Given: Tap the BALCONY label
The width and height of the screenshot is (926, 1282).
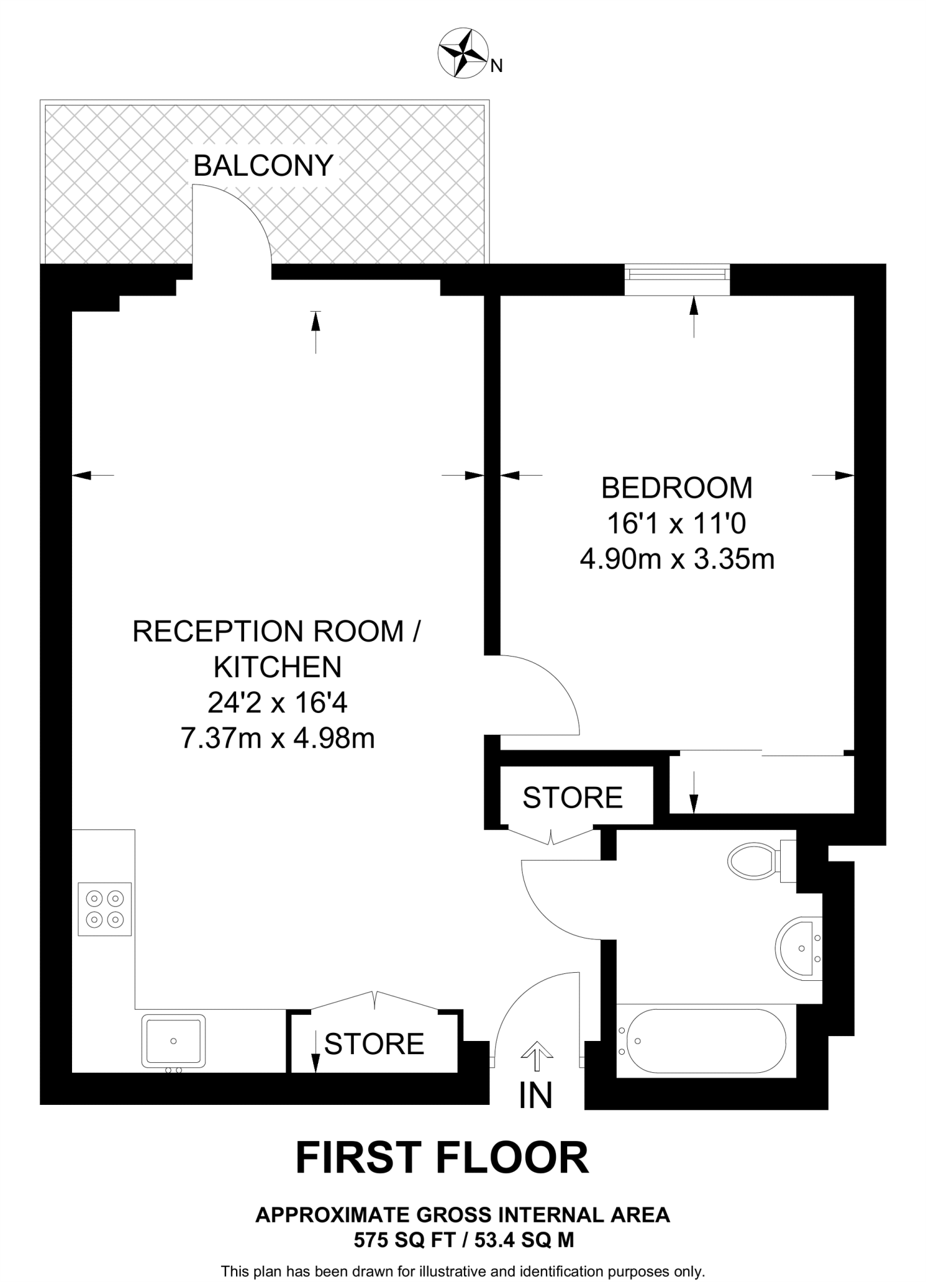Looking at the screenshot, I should coord(263,166).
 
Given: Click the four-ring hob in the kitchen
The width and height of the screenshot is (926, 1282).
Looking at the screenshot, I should coord(105,909).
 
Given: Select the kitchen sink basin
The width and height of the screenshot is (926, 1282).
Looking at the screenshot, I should coord(173,1040).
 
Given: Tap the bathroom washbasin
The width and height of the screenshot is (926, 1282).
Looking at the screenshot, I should coord(798,948).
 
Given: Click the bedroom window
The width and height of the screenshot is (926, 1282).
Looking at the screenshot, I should coord(677,274).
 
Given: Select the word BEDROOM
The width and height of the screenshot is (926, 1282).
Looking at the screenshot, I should coord(677,488).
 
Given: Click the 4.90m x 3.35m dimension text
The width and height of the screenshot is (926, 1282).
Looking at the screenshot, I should coord(677,559).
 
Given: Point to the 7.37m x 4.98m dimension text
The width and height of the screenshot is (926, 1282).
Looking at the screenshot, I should coord(277,739).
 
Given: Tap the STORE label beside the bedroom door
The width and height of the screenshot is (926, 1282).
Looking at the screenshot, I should coord(572,797).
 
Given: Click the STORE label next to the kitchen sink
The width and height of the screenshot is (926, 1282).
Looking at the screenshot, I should coord(374,1044).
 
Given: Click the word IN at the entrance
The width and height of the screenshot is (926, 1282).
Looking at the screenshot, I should coord(536,1095).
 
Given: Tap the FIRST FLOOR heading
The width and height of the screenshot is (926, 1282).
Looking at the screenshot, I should coord(442,1158).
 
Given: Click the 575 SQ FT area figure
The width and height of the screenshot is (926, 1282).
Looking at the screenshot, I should coord(404,1239).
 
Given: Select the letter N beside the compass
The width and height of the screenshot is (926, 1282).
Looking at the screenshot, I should coord(496,66).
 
